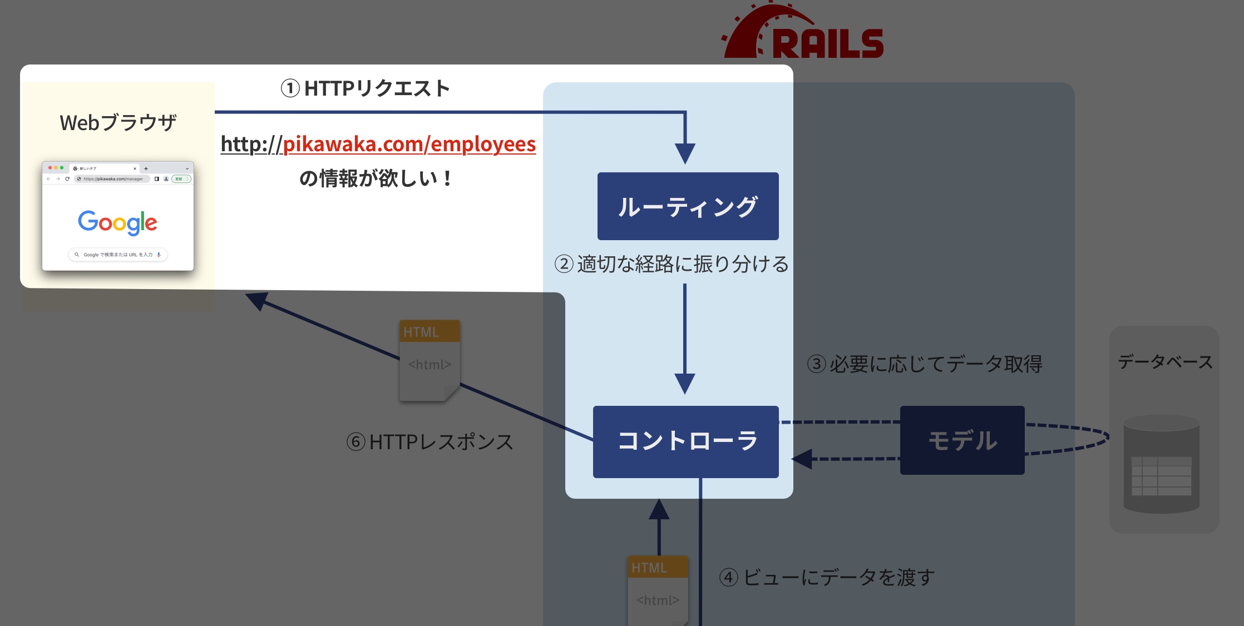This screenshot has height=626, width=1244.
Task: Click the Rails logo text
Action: coord(827,43)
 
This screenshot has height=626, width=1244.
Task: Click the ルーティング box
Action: coord(688,206)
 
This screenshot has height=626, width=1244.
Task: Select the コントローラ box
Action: coord(686,441)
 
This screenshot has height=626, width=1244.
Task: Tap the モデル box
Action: coord(962,440)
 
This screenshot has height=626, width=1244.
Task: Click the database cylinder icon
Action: coord(1161,464)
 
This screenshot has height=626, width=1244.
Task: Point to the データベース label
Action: coord(1165,362)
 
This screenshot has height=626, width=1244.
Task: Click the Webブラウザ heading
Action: coord(118,122)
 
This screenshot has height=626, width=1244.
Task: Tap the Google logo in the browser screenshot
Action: coord(117,222)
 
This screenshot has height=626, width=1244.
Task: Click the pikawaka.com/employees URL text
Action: coord(378,144)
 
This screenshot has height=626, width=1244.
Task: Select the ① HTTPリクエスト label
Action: coord(366,88)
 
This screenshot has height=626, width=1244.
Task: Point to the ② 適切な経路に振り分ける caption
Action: coord(672,264)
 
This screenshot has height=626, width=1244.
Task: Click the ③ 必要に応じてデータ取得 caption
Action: coord(925,364)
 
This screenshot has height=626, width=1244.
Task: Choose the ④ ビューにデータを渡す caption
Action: coord(827,578)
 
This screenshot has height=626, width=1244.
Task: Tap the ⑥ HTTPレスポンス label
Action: coord(430,442)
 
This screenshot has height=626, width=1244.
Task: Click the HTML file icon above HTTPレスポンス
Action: coord(430,360)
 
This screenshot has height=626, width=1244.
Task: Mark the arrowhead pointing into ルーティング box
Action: coord(685,153)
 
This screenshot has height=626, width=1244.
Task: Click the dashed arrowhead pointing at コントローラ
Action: coord(802,459)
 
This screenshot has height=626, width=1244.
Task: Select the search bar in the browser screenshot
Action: coord(118,255)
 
